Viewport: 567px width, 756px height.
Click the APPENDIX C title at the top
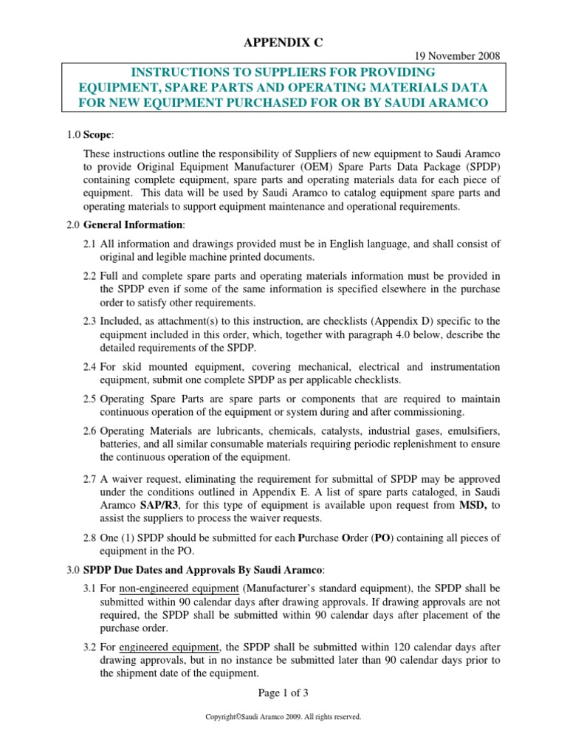point(283,44)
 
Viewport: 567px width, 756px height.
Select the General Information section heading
point(134,224)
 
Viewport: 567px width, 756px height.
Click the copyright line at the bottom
point(283,716)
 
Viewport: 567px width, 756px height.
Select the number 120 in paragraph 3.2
point(370,647)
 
